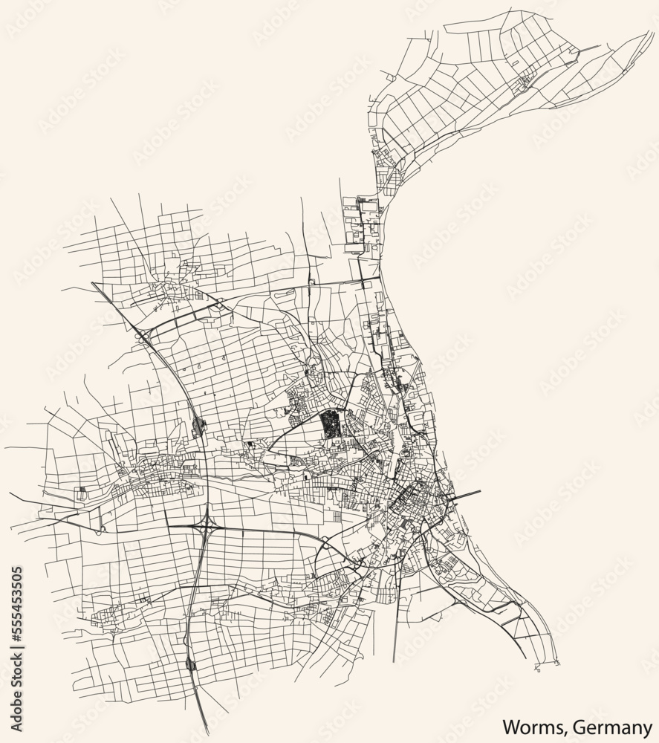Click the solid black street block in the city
point(328,426)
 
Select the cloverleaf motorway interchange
point(206,527)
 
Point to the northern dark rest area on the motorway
point(198,426)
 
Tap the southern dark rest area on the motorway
point(191,663)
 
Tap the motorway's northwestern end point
point(93,283)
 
